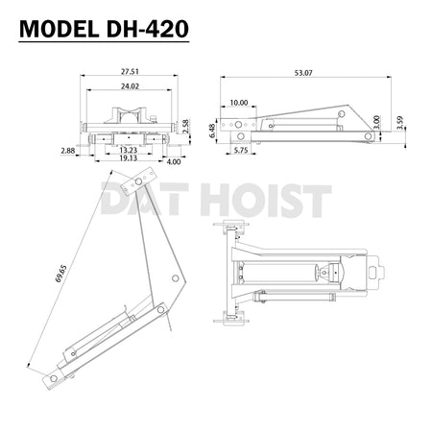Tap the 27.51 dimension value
coord(131,71)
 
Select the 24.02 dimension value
coord(131,85)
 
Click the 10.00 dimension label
coord(238,101)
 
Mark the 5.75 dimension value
coord(241,151)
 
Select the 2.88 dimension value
coord(67,151)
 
